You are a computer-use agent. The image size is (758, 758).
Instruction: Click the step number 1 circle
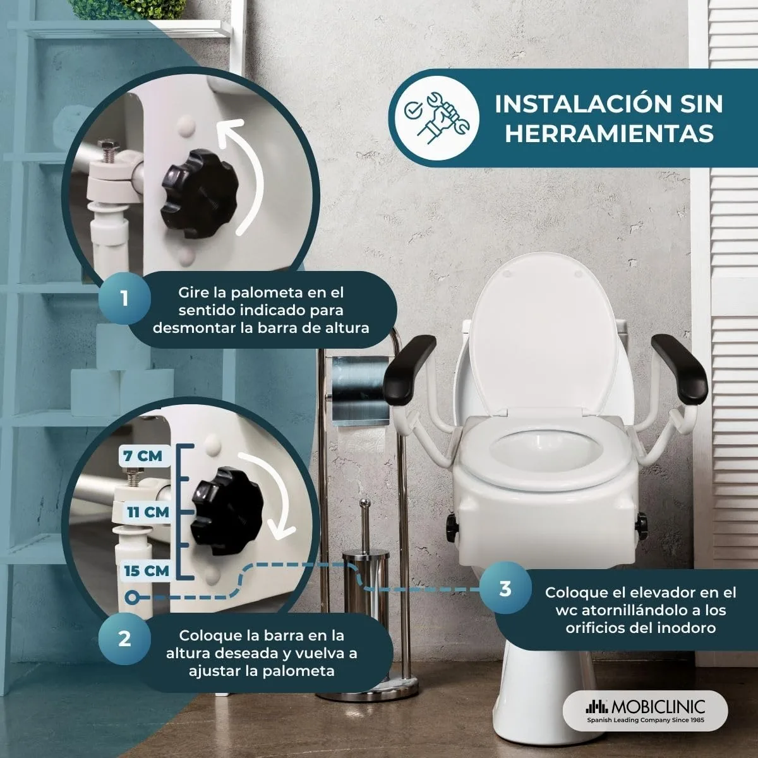[124, 299]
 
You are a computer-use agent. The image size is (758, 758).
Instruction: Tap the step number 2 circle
[124, 639]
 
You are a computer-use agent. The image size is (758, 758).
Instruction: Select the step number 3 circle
[505, 589]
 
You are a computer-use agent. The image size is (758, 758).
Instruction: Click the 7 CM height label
[143, 456]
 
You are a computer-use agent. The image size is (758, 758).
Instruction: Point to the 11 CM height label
[148, 512]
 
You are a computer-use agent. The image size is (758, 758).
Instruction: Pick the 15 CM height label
[147, 571]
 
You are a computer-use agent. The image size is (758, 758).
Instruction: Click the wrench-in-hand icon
[437, 117]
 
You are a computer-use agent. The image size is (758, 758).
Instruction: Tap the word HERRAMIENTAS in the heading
[610, 134]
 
